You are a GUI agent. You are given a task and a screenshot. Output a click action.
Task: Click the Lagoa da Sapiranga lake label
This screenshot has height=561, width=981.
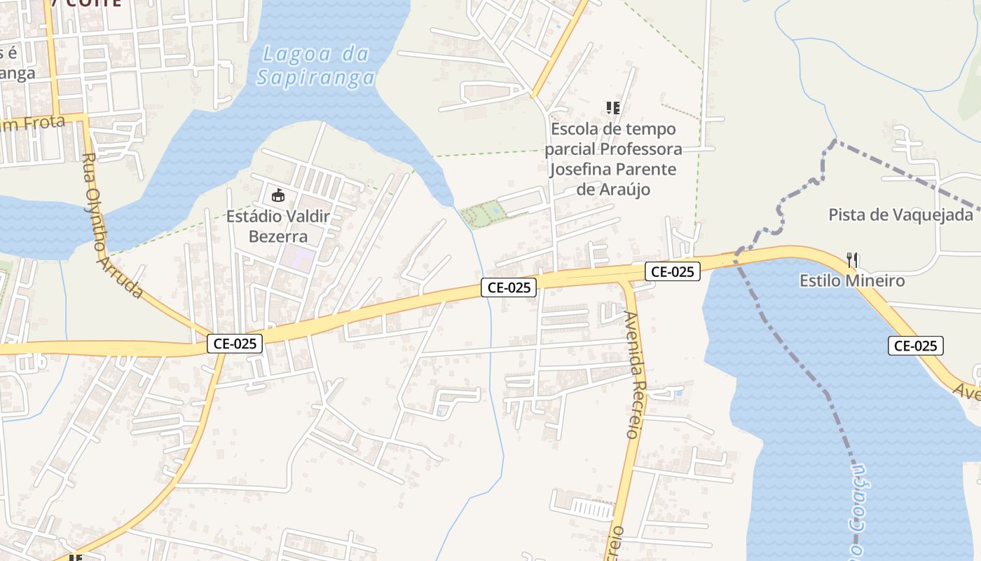click(315, 65)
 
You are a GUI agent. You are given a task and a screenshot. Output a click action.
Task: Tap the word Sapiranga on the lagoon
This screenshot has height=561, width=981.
click(315, 77)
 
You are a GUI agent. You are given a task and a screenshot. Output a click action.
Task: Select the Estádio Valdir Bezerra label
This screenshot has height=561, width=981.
click(277, 226)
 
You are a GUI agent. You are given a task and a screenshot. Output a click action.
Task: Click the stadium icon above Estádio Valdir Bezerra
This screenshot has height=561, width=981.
click(277, 195)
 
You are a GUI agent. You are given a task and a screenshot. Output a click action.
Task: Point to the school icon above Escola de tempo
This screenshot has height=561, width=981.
click(613, 107)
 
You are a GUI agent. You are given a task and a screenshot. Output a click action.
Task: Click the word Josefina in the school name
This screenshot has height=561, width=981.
click(584, 170)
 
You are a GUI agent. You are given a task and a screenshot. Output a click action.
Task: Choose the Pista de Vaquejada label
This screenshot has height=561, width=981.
click(900, 215)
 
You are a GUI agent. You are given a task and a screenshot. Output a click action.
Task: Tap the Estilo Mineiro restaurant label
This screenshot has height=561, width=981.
click(852, 280)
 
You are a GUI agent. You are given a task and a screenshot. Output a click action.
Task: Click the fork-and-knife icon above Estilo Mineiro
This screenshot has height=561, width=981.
click(852, 260)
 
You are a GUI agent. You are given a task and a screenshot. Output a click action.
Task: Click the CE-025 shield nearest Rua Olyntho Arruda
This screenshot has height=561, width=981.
click(235, 344)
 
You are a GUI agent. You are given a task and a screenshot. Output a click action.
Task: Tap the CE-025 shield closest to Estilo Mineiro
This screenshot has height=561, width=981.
click(914, 345)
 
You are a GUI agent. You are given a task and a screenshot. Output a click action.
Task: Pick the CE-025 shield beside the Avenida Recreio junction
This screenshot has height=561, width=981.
click(672, 271)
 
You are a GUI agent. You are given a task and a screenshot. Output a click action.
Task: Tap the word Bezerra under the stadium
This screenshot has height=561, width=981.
click(277, 236)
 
